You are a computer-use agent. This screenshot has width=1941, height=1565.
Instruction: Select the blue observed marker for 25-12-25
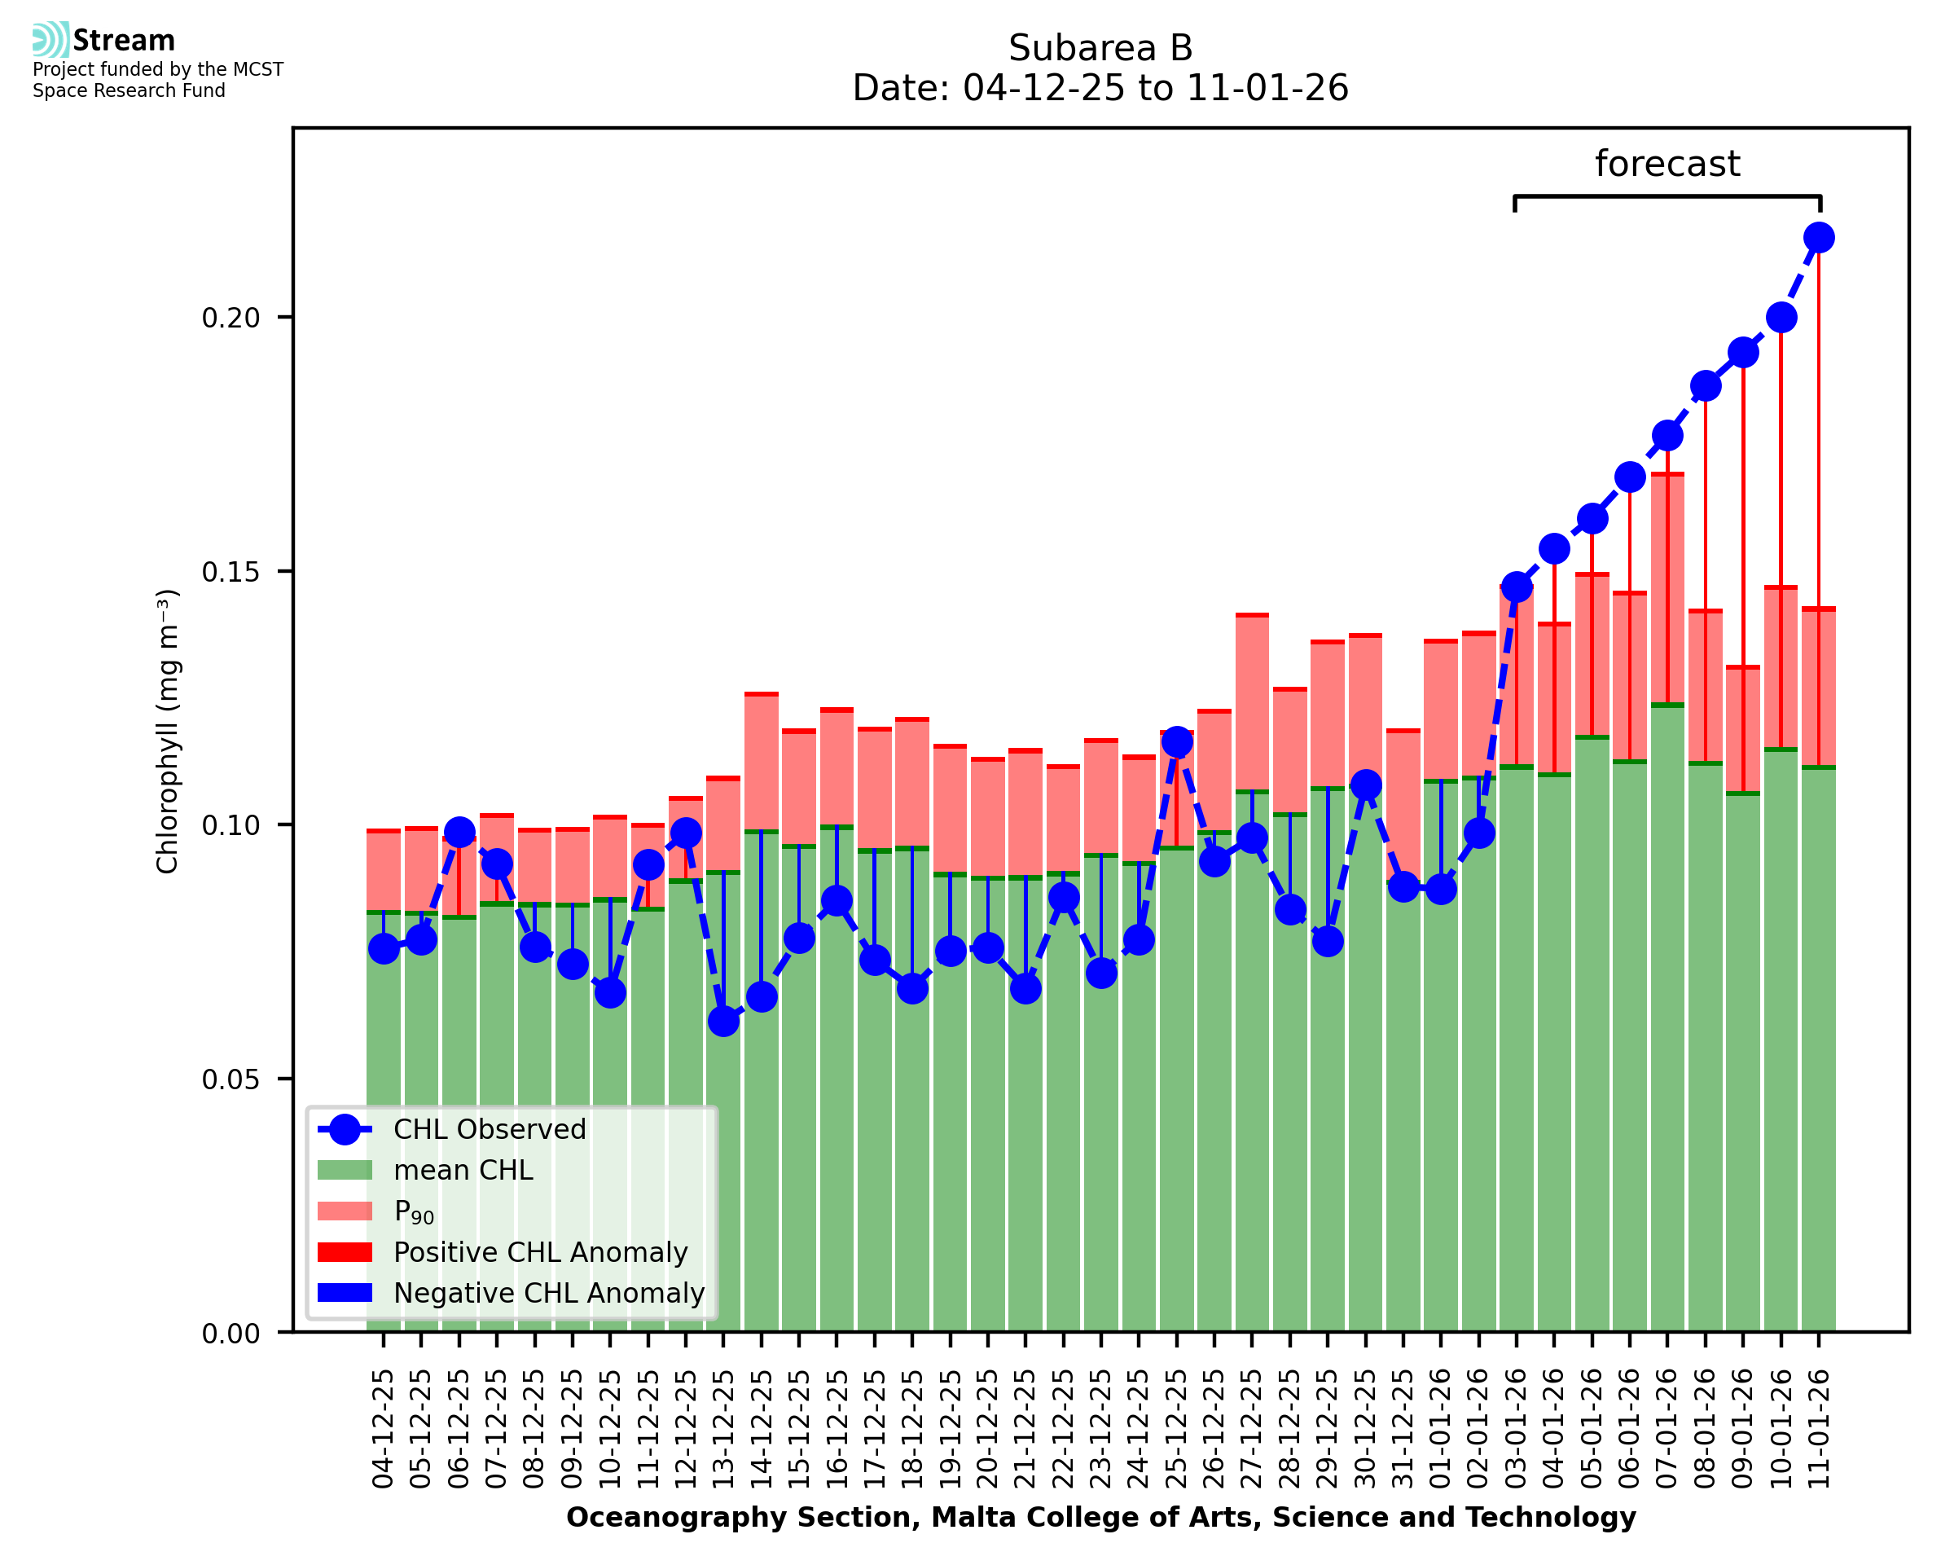pos(1176,742)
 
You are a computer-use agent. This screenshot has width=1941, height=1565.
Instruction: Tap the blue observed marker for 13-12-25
pos(722,1022)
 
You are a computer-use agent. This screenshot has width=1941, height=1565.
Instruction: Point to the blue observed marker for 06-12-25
pos(459,832)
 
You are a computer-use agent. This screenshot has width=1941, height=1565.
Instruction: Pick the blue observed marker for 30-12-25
pos(1364,785)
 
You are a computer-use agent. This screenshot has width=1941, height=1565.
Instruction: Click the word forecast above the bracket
pos(1667,164)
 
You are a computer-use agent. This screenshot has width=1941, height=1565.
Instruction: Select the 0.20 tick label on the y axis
pos(230,318)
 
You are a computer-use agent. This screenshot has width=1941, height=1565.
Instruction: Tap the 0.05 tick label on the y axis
pos(230,1079)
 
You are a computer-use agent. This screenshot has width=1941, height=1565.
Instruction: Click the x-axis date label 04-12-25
pos(383,1429)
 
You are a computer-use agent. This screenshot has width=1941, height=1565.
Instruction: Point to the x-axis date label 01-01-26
pos(1440,1429)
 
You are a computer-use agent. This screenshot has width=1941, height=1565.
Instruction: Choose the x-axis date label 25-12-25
pos(1176,1429)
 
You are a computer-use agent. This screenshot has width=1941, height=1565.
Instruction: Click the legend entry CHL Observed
pos(490,1130)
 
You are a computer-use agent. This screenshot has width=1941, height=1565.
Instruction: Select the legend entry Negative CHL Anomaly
pos(549,1293)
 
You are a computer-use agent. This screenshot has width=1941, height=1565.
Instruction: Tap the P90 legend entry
pos(414,1211)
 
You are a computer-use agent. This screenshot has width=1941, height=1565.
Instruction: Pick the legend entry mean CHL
pos(463,1170)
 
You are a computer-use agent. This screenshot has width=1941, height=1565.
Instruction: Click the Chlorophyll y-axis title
pos(168,731)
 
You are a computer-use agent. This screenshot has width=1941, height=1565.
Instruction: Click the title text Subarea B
pos(1100,48)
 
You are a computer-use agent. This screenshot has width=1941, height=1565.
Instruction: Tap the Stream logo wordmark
pos(124,41)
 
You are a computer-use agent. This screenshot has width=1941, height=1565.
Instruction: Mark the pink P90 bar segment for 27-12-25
pos(1252,703)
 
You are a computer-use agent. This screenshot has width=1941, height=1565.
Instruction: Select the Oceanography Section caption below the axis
pos(1100,1517)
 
